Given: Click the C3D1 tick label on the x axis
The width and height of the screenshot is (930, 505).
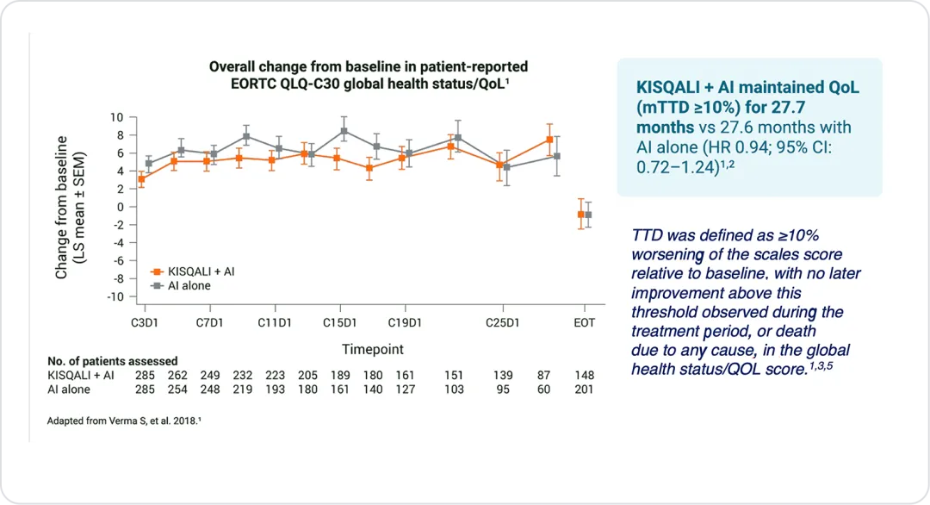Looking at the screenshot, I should point(145,322).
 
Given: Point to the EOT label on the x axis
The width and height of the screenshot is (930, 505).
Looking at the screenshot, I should point(586,322).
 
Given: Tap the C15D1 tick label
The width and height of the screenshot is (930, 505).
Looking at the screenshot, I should point(340,322).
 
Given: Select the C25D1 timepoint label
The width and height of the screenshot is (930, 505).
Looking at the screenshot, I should point(503,322).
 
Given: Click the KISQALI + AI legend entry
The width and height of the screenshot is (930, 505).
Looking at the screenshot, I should point(198,271).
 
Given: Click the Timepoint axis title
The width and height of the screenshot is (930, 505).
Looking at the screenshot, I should point(372,349).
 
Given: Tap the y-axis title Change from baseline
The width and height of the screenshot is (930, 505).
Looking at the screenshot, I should point(62,207).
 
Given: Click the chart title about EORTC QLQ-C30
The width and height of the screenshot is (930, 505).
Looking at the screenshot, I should point(369,73).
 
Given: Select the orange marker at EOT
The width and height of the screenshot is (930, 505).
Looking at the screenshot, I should point(581,214).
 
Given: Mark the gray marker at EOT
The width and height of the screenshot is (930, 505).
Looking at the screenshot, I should point(589,215).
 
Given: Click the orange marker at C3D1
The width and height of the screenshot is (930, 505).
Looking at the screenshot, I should point(141,179).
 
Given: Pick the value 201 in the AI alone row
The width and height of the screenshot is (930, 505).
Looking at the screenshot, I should point(586,390).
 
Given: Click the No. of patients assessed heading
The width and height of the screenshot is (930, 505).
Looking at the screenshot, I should point(113,361).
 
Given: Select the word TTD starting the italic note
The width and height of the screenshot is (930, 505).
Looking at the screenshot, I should point(648,235).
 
